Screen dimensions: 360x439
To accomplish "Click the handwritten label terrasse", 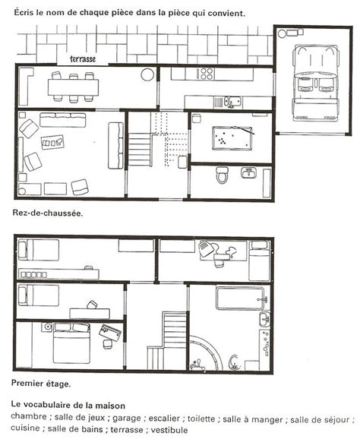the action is click(x=83, y=58).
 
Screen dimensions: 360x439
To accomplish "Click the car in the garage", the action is click(x=315, y=83).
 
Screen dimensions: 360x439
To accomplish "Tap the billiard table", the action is click(x=232, y=138).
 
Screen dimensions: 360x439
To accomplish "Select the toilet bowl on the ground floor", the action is click(x=223, y=175).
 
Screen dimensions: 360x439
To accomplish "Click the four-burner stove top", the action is click(x=206, y=74).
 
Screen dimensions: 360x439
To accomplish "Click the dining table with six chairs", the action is click(x=73, y=87).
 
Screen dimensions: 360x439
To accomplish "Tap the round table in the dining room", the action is click(x=147, y=74).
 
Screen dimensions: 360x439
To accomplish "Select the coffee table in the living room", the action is click(x=52, y=142).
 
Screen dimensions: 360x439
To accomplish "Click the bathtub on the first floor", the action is click(x=240, y=298).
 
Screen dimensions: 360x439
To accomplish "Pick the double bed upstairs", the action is click(x=72, y=343).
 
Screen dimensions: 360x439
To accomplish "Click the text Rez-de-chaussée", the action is click(x=48, y=213).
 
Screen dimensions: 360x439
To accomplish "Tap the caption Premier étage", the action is click(x=41, y=384).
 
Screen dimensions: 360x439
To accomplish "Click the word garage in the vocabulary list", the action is click(x=127, y=418).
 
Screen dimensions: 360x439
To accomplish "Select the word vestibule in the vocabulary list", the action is click(x=169, y=429).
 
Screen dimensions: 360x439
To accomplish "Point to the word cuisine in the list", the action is click(x=26, y=428).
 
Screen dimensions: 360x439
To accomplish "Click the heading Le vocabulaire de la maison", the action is click(x=68, y=405).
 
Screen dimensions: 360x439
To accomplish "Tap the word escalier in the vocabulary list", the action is click(x=164, y=418).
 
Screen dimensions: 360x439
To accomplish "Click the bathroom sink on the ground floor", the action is click(x=248, y=172).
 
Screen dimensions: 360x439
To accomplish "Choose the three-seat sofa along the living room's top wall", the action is click(x=63, y=119).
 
